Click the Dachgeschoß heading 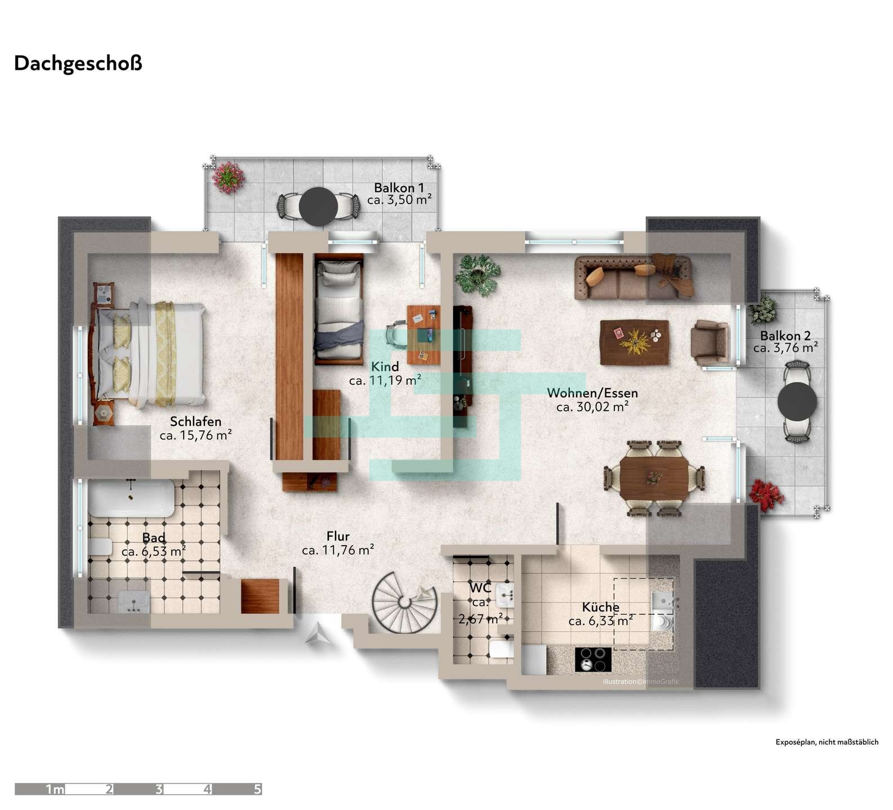[78, 64]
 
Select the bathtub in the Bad [131, 498]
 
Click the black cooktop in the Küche [593, 659]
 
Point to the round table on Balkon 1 [318, 206]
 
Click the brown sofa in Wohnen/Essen [633, 277]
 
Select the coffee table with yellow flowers [635, 342]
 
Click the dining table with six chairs [654, 478]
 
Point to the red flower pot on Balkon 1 [227, 178]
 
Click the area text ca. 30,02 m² [592, 407]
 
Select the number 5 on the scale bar [257, 789]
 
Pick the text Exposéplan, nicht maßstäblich [827, 742]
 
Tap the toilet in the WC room [501, 649]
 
